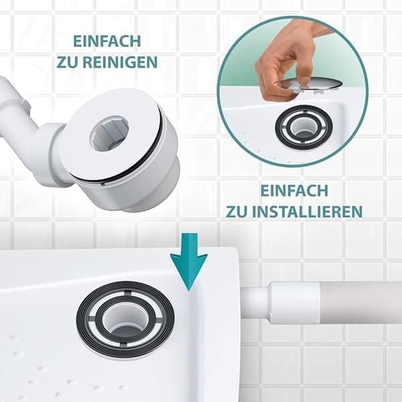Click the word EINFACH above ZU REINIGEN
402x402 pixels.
tap(107, 42)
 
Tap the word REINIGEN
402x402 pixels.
tap(120, 62)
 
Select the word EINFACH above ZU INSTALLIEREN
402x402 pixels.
tap(294, 190)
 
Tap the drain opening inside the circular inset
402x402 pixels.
tap(304, 127)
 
